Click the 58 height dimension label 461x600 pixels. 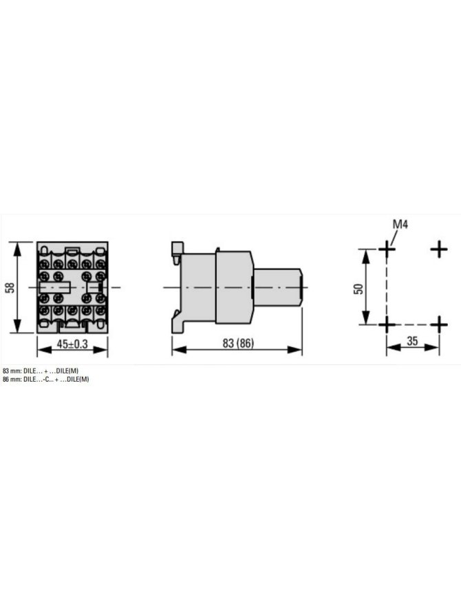pos(11,287)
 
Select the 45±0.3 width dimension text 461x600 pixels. pos(72,344)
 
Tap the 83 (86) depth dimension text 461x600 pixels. pos(238,343)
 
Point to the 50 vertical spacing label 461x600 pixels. pos(358,289)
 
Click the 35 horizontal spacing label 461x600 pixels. pos(412,341)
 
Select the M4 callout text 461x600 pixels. pos(400,225)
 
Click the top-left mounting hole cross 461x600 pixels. pos(387,249)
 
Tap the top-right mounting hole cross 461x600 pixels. pos(439,249)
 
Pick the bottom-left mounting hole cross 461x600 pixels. pos(387,325)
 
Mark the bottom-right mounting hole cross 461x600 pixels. pos(439,325)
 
